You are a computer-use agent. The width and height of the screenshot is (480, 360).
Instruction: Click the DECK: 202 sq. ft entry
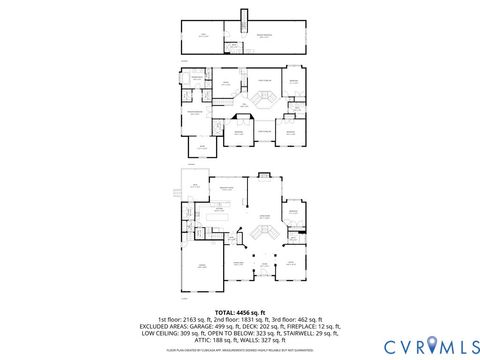point(265,327)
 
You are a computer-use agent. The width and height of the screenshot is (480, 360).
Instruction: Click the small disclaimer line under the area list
point(240,350)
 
